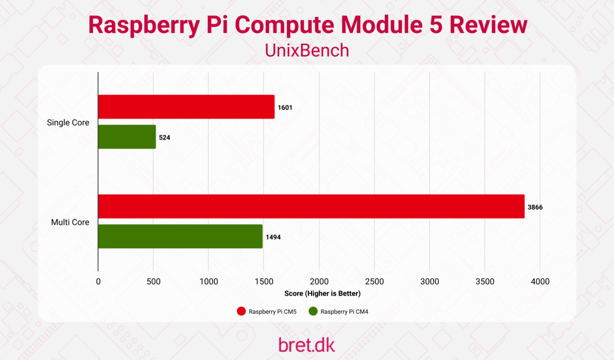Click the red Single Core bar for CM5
186,107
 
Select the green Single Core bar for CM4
127,137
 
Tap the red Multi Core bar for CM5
311,206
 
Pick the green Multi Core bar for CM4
180,237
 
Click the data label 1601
285,108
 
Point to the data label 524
165,137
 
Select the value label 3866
535,207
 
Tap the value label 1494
273,237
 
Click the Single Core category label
68,123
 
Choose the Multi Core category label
70,222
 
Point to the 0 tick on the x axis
98,282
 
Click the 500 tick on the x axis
153,282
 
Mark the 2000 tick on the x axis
319,282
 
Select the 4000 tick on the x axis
540,282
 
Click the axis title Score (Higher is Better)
322,293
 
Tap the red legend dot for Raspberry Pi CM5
241,312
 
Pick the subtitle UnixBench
307,50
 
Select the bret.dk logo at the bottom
306,345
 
